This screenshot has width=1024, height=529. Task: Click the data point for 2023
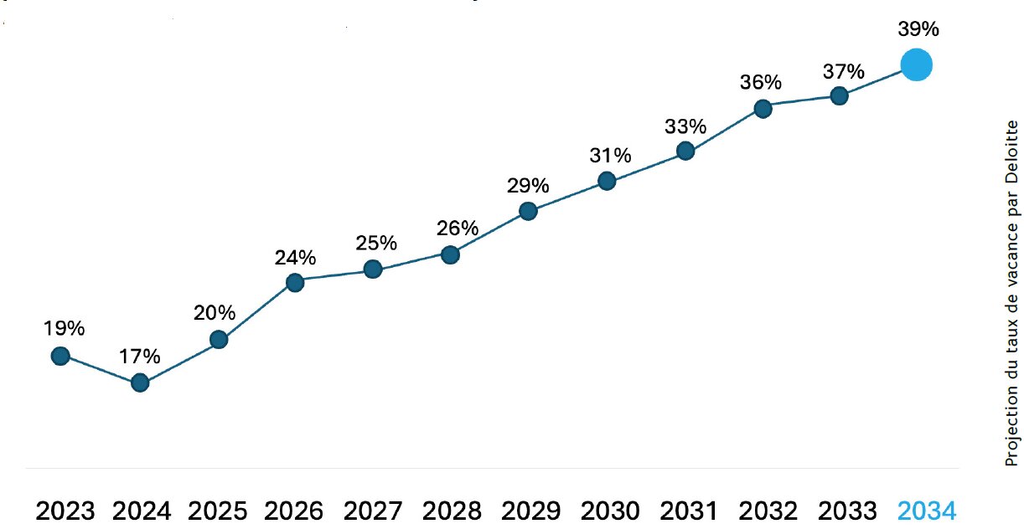click(59, 356)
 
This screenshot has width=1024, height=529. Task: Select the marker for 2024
click(140, 383)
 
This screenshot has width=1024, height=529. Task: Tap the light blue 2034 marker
click(916, 65)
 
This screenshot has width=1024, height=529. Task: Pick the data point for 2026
click(294, 282)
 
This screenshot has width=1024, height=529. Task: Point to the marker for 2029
click(528, 211)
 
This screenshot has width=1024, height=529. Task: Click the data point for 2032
click(763, 108)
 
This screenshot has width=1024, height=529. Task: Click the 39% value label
click(918, 29)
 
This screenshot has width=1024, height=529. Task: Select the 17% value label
click(139, 356)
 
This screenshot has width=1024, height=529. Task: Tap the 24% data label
click(295, 257)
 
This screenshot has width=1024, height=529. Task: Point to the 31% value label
click(609, 155)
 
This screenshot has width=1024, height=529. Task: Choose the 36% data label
click(760, 82)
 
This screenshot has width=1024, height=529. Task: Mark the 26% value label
click(458, 228)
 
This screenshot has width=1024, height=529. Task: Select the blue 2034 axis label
click(926, 511)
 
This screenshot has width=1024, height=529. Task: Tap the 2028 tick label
click(453, 511)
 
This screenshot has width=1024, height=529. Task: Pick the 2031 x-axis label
click(690, 511)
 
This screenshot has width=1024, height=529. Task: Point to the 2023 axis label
click(65, 511)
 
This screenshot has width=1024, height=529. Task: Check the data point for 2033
click(839, 96)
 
